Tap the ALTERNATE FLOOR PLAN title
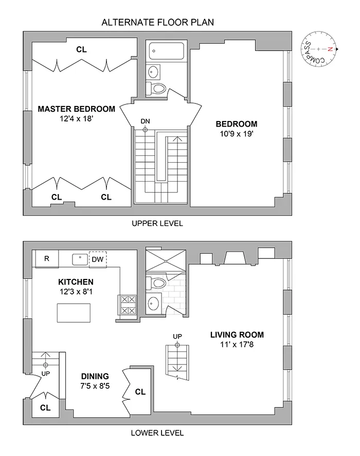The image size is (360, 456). pos(157,22)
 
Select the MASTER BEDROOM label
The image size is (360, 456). pos(76,109)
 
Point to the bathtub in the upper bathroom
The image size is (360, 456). pos(167,51)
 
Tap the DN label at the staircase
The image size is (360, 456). pos(146,121)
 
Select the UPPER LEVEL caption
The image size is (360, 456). pos(157,224)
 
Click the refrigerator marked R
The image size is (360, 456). pos(46,259)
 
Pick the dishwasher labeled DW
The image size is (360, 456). pos(97,259)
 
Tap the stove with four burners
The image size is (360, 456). pos(128,304)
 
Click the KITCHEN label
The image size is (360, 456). pos(76,282)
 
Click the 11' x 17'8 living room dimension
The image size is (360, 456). pos(237,344)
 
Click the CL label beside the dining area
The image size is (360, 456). pos(140,392)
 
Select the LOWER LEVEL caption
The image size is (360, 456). pos(157,433)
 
